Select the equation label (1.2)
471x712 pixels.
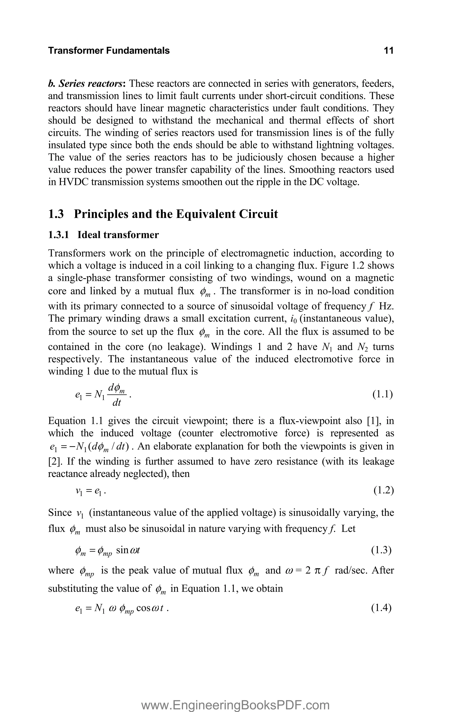coord(383,490)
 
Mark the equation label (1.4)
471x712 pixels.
coord(382,608)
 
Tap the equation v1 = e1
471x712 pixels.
coord(90,491)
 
